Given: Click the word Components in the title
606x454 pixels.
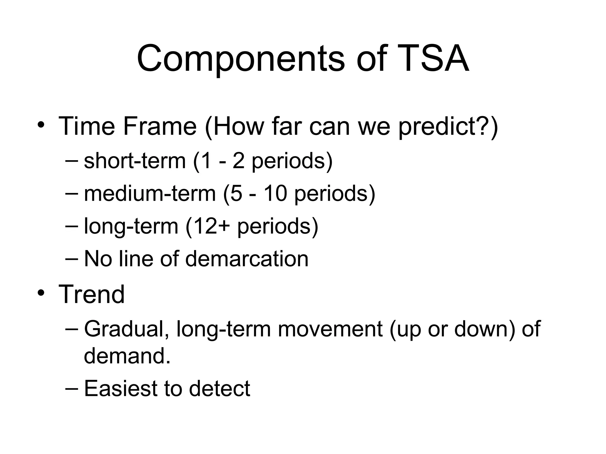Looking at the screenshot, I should [240, 59].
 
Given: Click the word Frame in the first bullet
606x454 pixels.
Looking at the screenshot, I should [160, 127].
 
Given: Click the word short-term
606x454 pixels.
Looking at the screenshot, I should [135, 161].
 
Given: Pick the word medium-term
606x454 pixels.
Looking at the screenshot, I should [150, 194].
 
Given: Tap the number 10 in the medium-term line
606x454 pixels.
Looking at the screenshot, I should [275, 194].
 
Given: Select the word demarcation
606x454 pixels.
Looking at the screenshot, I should [247, 259].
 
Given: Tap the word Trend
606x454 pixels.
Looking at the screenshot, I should [92, 294].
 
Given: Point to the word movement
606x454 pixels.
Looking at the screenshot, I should [330, 329].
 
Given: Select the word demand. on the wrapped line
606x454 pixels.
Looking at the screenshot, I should [127, 356].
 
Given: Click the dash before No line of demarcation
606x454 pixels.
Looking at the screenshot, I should [71, 258].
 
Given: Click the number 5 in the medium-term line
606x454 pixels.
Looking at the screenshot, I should [236, 194].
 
